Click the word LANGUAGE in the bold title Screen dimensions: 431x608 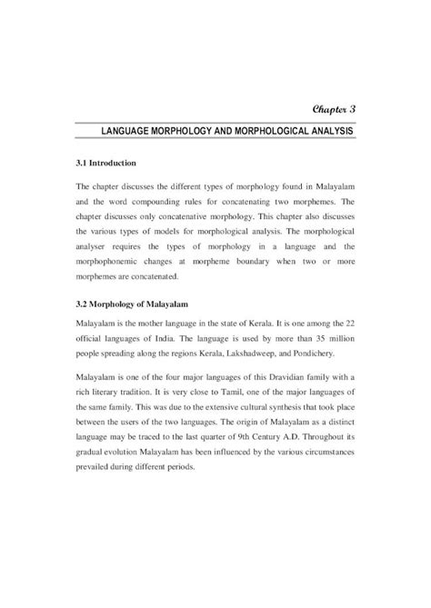pos(135,133)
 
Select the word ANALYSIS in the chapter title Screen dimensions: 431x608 pos(327,133)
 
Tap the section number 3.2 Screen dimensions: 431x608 pos(83,301)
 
